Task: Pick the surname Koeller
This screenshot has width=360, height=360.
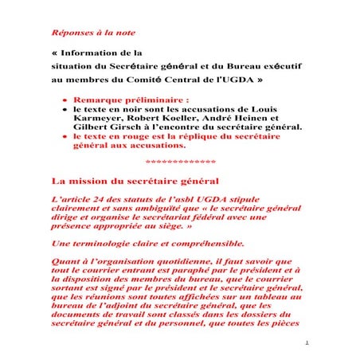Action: (x=178, y=119)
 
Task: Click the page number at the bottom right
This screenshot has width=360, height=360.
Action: (x=307, y=343)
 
